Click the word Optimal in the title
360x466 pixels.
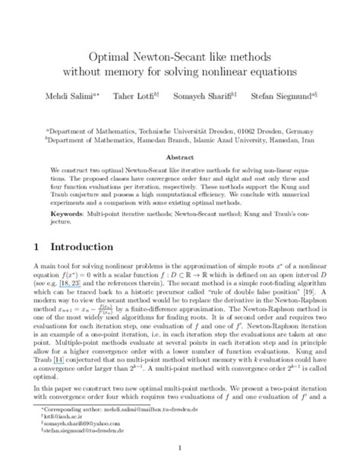(x=111, y=57)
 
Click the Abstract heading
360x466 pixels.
(x=180, y=151)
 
